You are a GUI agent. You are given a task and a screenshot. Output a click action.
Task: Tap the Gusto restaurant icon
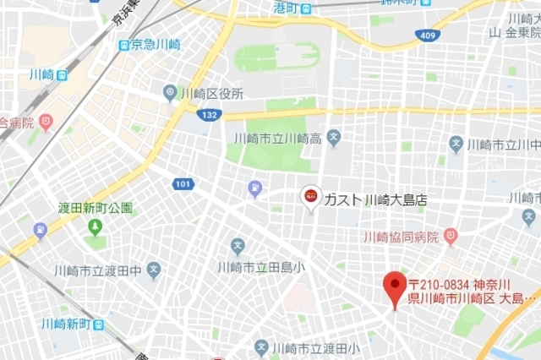coord(310,198)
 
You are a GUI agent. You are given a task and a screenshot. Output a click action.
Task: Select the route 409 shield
coord(426,35)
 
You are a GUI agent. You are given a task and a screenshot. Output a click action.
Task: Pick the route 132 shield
coord(208,114)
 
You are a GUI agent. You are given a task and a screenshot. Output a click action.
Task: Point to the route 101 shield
coord(183,183)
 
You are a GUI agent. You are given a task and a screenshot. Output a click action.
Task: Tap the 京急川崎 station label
coord(150,45)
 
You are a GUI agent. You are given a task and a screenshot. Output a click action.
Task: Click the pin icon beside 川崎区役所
coord(170,92)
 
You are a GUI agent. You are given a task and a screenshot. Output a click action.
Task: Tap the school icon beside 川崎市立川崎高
coord(334,136)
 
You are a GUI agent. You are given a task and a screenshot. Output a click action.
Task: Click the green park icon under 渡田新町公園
coord(95,226)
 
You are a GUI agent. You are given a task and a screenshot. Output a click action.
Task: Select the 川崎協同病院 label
coord(402,237)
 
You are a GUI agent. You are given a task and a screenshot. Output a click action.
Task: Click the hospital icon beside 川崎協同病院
coord(451,237)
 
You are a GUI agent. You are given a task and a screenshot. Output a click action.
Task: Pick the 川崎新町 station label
coord(66,324)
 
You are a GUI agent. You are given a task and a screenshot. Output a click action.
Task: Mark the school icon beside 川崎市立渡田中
coord(153,270)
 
